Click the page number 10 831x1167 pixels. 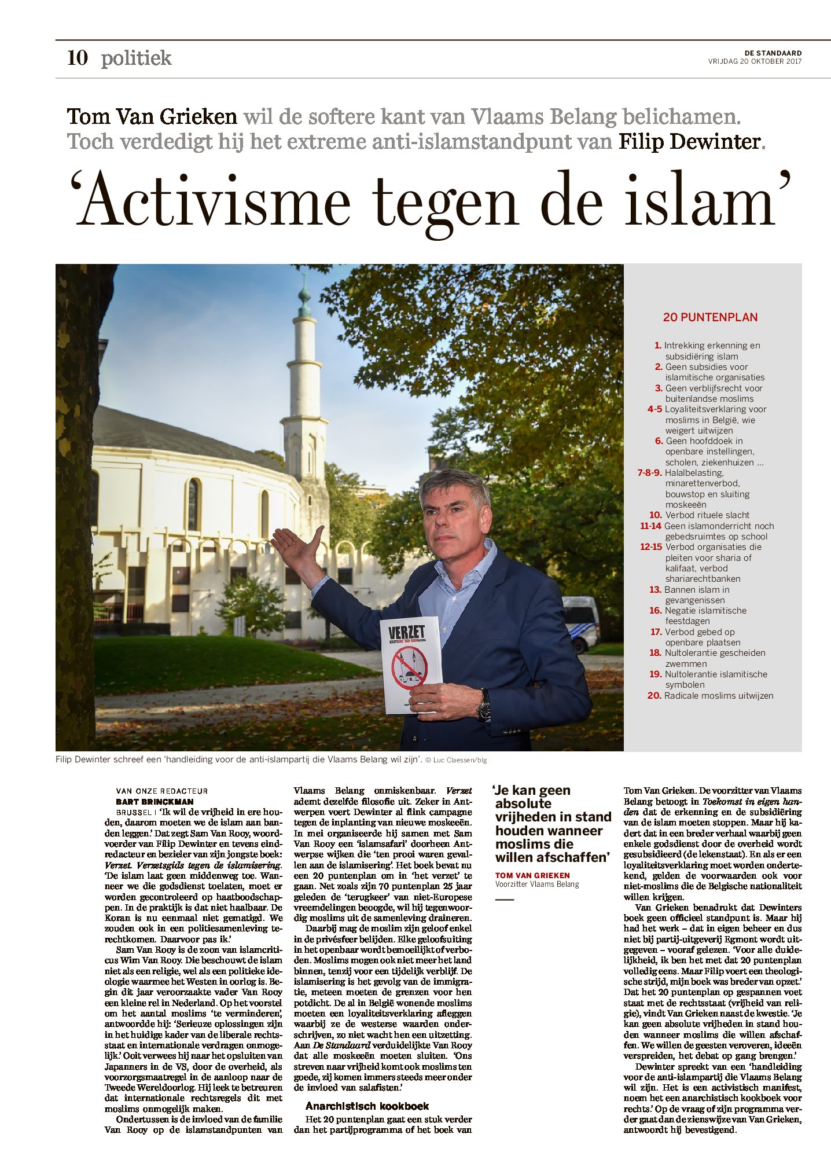point(78,58)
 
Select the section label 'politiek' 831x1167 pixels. point(136,58)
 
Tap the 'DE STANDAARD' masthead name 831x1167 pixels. point(773,53)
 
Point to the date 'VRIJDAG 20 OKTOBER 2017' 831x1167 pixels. point(755,61)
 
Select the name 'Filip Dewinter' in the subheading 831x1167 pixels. point(689,141)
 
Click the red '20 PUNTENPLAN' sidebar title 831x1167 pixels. point(710,317)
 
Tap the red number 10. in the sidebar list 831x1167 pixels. point(655,515)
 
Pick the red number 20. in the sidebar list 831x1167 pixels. point(654,696)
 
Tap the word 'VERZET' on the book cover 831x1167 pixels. point(406,633)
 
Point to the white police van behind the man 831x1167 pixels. point(581,622)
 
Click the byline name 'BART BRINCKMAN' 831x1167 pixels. point(155,802)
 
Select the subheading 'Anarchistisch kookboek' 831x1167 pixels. point(367,1106)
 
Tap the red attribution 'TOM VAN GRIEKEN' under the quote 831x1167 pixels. point(532,875)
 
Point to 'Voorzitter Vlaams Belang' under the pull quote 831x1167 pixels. point(536,885)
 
